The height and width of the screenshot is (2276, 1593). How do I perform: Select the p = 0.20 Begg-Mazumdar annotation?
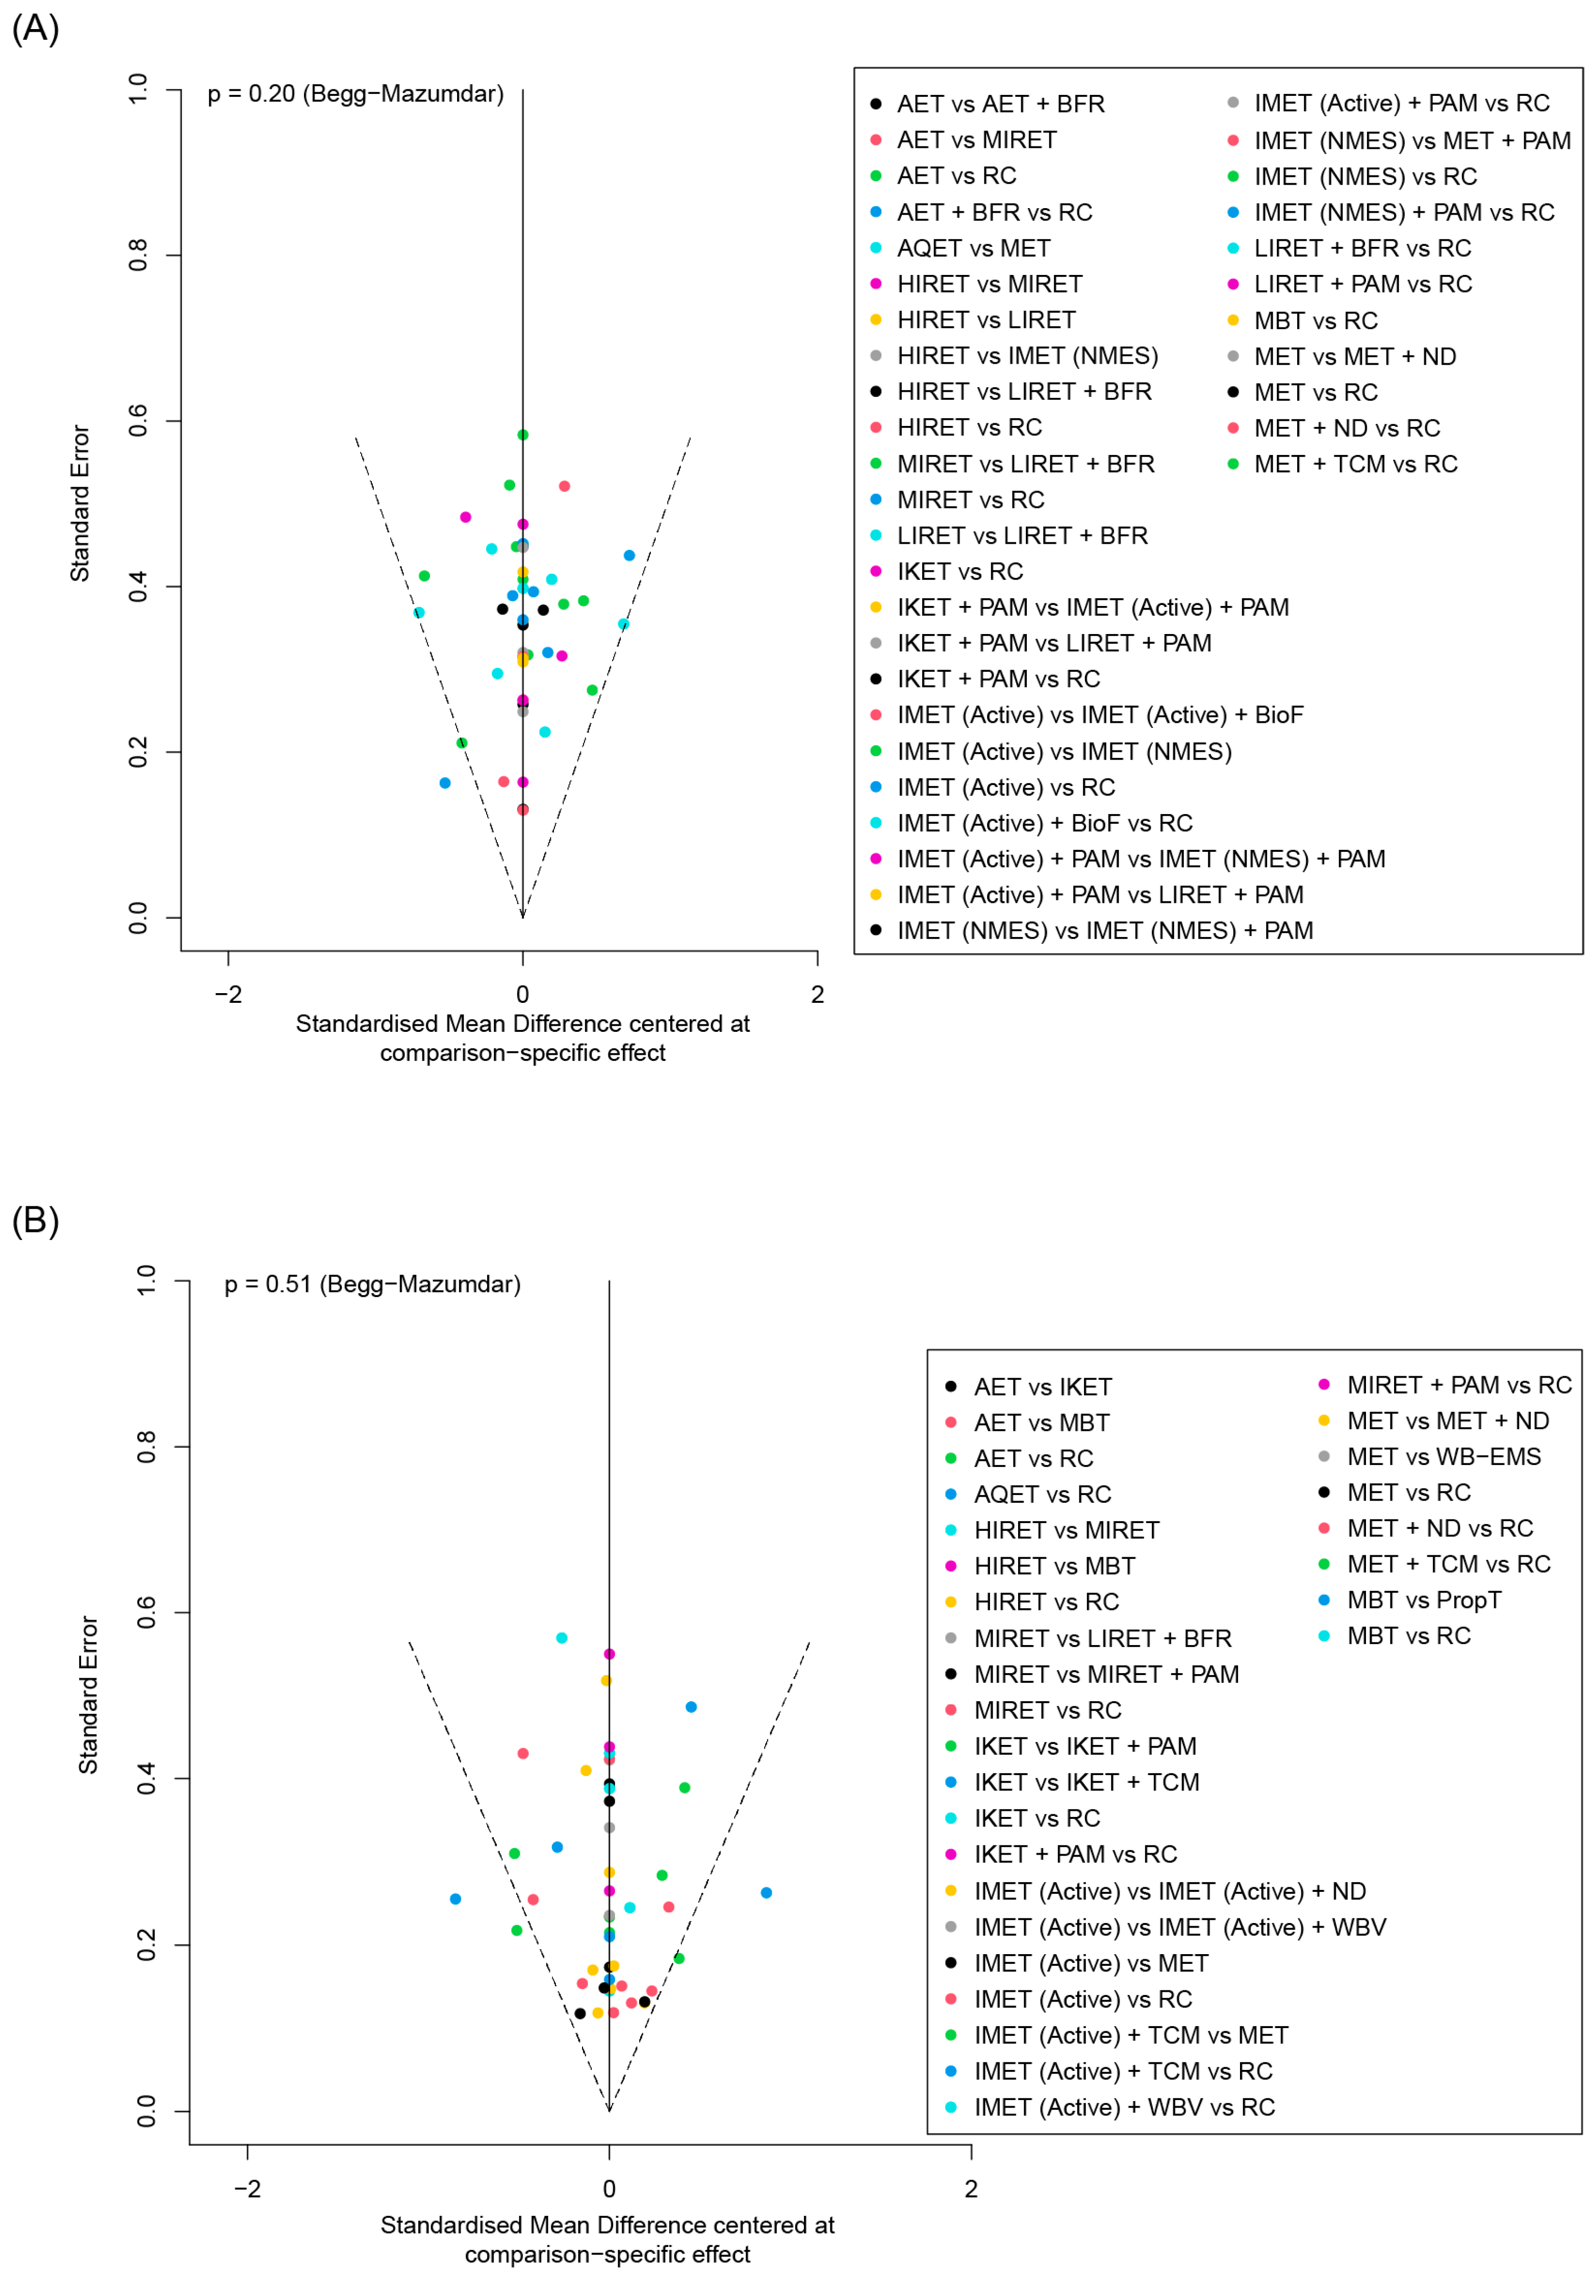pos(355,94)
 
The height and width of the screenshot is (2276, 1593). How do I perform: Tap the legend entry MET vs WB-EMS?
pos(1444,1457)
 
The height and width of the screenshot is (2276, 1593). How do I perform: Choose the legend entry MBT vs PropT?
pos(1424,1600)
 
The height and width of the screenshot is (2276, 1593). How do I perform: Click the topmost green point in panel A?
pos(522,435)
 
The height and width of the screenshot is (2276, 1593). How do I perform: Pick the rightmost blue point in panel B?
pos(766,1892)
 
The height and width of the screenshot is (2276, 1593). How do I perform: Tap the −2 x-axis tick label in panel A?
pos(228,994)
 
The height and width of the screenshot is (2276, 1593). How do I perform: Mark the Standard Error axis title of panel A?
pos(79,503)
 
